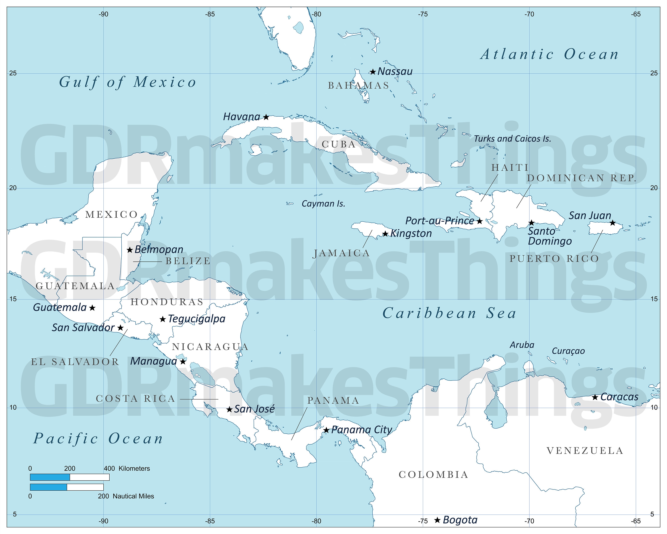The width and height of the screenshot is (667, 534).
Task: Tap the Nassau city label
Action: (395, 71)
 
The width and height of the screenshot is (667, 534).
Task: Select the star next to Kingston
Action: (385, 234)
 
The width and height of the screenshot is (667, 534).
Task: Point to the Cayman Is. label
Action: (323, 204)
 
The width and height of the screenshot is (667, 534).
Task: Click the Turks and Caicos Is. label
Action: (513, 139)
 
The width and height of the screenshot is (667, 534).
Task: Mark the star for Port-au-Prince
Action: (480, 221)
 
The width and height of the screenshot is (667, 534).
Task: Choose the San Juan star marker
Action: (613, 223)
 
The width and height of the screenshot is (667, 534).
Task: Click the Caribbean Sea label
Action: (450, 313)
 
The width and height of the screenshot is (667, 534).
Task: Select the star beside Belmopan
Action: (130, 250)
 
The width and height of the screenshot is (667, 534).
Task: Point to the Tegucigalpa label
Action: (197, 319)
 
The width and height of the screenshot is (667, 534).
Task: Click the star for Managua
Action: (183, 361)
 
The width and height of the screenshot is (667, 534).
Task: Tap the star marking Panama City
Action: (326, 430)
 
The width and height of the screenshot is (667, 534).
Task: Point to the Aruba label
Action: (522, 345)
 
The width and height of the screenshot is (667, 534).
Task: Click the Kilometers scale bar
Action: (70, 477)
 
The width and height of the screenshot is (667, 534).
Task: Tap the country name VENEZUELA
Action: (585, 451)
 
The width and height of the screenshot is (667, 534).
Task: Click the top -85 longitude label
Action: (210, 14)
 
